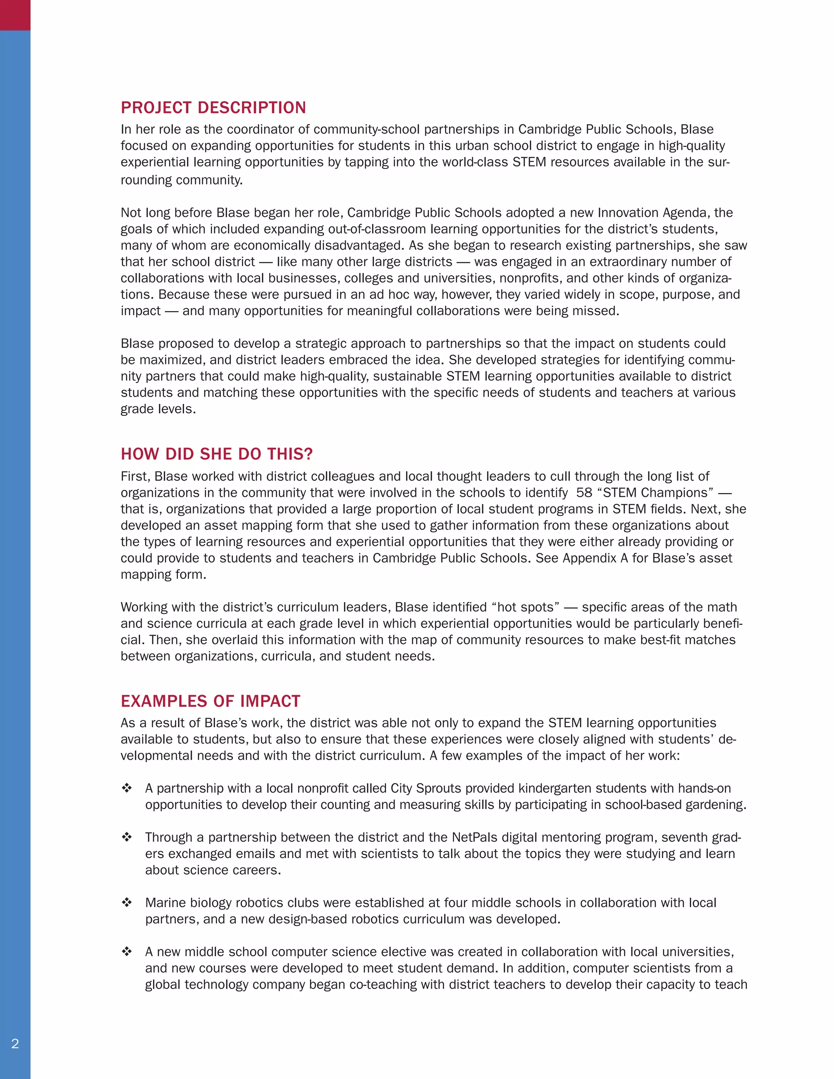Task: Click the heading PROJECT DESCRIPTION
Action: click(x=213, y=108)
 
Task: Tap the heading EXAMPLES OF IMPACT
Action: click(x=210, y=701)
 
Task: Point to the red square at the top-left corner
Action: click(x=15, y=15)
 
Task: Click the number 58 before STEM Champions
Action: click(x=584, y=493)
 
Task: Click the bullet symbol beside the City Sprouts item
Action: click(x=127, y=788)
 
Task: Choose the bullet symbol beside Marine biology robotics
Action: click(x=127, y=903)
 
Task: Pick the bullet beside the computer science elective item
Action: click(x=127, y=952)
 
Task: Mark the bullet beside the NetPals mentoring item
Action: click(x=127, y=837)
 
